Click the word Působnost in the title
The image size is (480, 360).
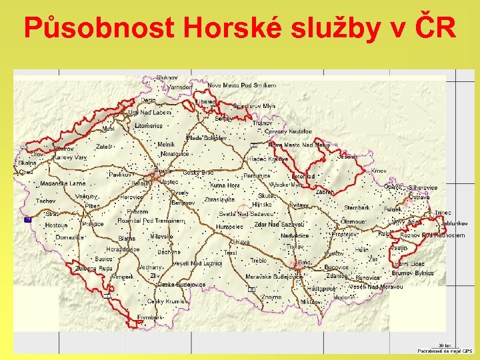[99, 28]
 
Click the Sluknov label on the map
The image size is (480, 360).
[167, 78]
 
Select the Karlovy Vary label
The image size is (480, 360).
[71, 157]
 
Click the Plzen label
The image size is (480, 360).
[91, 206]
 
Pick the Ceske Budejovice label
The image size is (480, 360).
[178, 284]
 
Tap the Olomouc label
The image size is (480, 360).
[353, 221]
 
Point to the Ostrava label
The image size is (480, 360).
[419, 197]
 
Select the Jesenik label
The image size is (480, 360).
[347, 157]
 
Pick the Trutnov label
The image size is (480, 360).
[262, 123]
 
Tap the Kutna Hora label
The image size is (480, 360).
[225, 185]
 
